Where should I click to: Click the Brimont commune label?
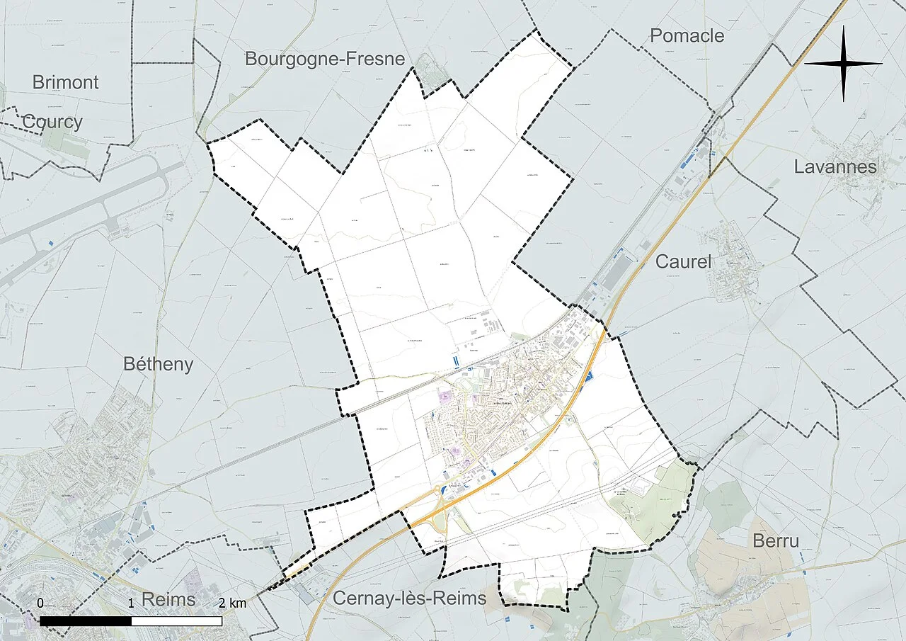(x=65, y=82)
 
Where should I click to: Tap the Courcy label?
(x=52, y=122)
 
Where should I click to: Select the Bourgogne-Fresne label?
(x=325, y=59)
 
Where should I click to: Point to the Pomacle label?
(x=687, y=35)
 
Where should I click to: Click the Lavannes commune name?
(x=835, y=167)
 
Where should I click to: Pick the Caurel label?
(x=683, y=261)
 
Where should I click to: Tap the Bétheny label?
(x=158, y=364)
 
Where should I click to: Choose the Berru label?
(x=776, y=541)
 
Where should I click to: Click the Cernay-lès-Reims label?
(x=409, y=599)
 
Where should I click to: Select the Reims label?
(x=168, y=599)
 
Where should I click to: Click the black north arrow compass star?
(x=844, y=63)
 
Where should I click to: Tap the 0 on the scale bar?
(x=40, y=603)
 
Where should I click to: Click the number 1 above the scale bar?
(x=131, y=603)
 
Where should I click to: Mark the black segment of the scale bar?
(x=85, y=621)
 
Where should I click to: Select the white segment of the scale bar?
(x=177, y=621)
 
